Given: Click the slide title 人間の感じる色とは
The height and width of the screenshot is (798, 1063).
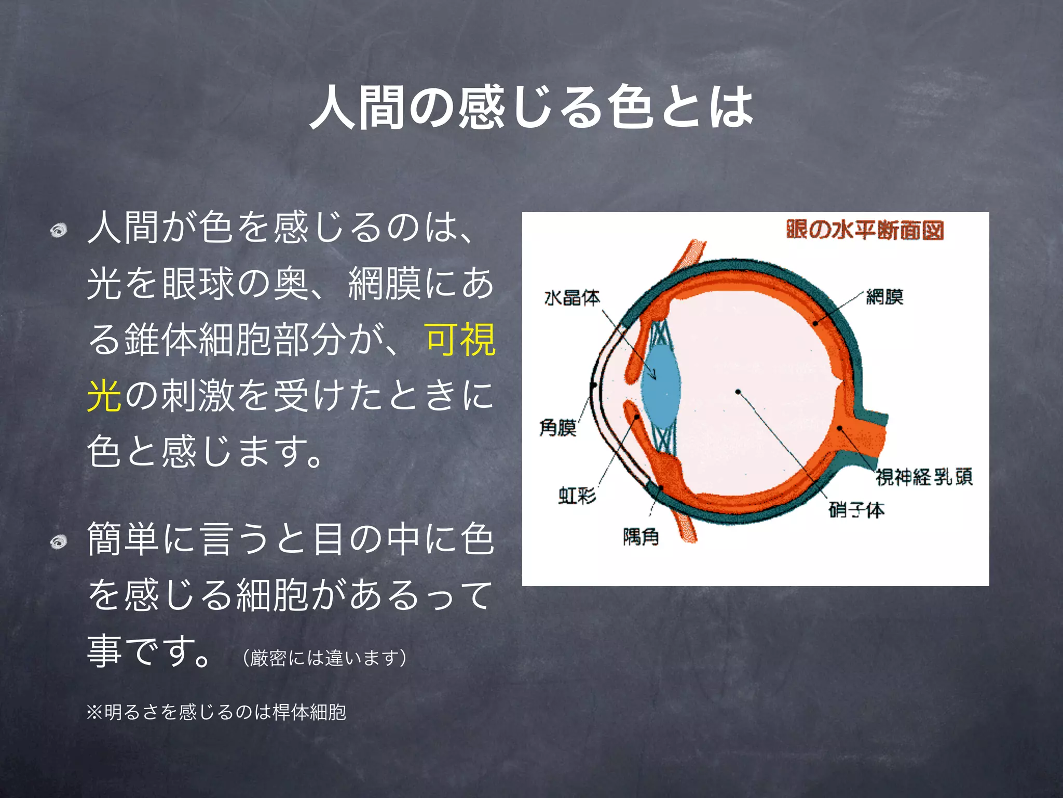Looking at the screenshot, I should point(531,108).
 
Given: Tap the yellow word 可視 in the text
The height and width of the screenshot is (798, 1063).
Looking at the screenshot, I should point(460,340).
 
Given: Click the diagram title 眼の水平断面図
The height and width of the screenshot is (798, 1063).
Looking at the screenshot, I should point(864,230).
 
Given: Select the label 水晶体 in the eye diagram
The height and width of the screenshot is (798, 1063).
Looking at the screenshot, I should point(571,298).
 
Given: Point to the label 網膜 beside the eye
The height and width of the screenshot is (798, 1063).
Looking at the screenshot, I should point(885,297).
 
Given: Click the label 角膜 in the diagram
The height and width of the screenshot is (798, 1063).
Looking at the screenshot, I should point(558,428).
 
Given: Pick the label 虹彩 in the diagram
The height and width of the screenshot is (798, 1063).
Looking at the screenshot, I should point(577,495).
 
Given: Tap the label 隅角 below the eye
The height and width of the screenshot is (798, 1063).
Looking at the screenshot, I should point(640,536).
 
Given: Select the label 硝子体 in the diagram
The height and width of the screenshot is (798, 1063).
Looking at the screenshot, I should point(856,510).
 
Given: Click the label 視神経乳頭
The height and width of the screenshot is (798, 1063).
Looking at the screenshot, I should point(924,476).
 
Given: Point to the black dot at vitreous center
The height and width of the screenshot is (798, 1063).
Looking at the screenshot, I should point(738,392).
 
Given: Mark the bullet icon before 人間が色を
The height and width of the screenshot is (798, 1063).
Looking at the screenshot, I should point(59,230).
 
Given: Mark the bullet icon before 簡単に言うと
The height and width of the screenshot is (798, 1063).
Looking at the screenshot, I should point(59,542).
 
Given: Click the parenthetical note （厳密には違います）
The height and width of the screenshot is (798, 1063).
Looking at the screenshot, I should point(324,658).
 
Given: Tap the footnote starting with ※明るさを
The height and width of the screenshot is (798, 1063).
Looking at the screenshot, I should point(216,712).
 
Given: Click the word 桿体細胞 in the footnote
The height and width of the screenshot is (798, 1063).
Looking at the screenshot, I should point(309,712).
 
